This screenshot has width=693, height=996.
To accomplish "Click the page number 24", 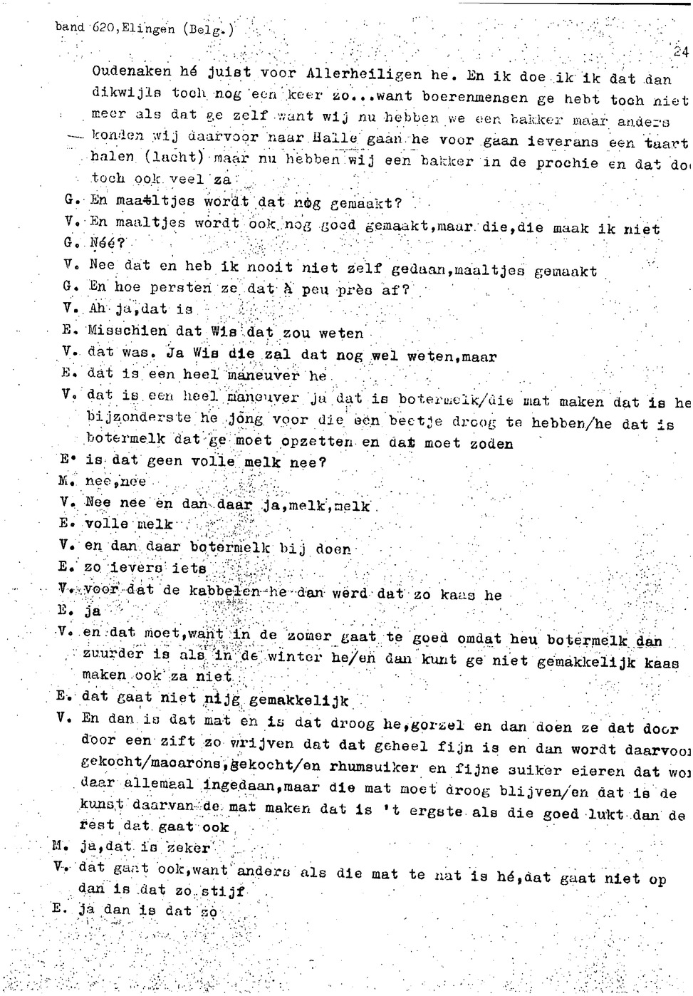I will (x=682, y=51).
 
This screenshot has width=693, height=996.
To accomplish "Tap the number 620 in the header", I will (x=103, y=28).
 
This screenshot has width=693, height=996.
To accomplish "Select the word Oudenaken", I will (x=132, y=72).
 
